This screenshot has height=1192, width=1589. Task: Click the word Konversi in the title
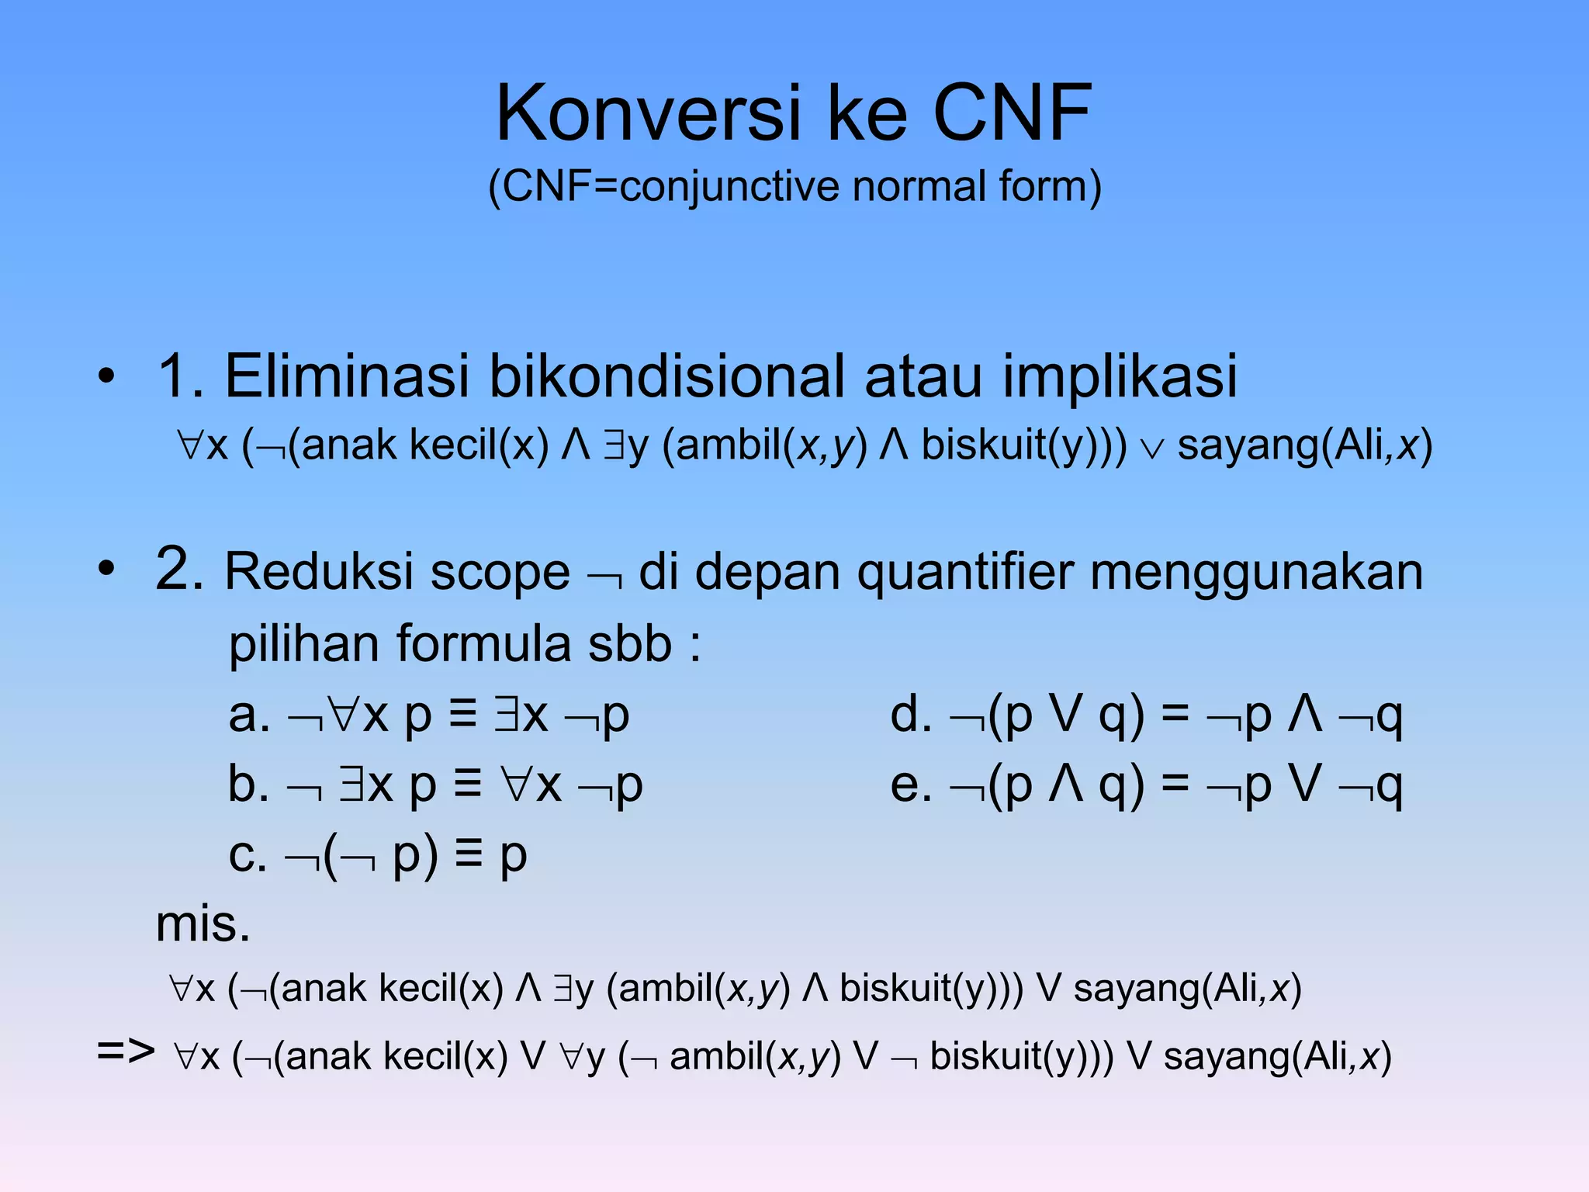coord(649,114)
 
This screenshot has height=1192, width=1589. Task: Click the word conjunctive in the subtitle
coord(730,187)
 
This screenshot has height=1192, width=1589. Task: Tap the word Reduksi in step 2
coord(320,573)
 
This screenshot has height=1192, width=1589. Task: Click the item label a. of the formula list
coord(249,716)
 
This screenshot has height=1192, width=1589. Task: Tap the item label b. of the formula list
coord(248,785)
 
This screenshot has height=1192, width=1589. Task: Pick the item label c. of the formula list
coord(248,856)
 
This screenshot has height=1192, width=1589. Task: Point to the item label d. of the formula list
coord(910,715)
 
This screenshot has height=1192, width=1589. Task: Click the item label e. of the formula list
coord(910,785)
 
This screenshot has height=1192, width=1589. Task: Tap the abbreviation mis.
coord(203,925)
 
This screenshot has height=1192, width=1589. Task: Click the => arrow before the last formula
coord(126,1052)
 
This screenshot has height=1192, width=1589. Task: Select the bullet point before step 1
coord(106,377)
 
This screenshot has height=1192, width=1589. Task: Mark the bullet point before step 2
coord(106,570)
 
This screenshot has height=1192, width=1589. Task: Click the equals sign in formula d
coord(1175,715)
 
